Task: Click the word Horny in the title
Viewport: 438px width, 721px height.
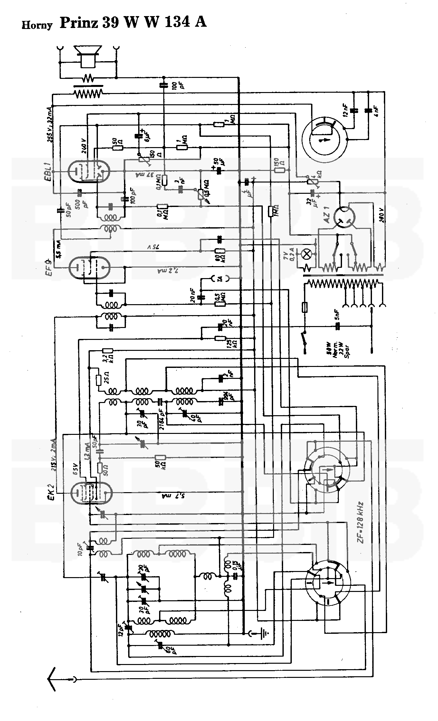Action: [37, 25]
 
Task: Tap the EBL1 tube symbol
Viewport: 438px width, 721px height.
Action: [89, 172]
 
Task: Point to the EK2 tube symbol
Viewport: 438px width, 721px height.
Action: [91, 493]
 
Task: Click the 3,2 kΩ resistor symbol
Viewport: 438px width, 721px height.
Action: [107, 351]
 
